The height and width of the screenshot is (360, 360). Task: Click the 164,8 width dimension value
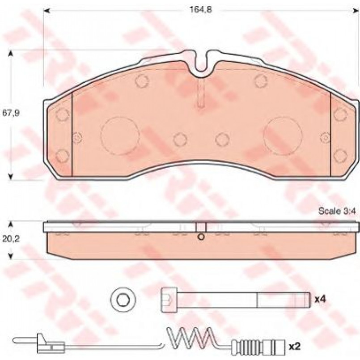pos(201,10)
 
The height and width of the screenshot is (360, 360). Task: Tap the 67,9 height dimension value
pos(11,113)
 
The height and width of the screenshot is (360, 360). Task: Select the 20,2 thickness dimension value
pos(11,239)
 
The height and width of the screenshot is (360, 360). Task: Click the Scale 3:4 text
pos(337,211)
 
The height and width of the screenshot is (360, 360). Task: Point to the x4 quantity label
pos(320,299)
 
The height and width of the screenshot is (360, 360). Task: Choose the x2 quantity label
pos(295,346)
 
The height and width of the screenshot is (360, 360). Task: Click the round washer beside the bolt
pos(123,299)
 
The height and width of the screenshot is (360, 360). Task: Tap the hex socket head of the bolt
pos(169,300)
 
